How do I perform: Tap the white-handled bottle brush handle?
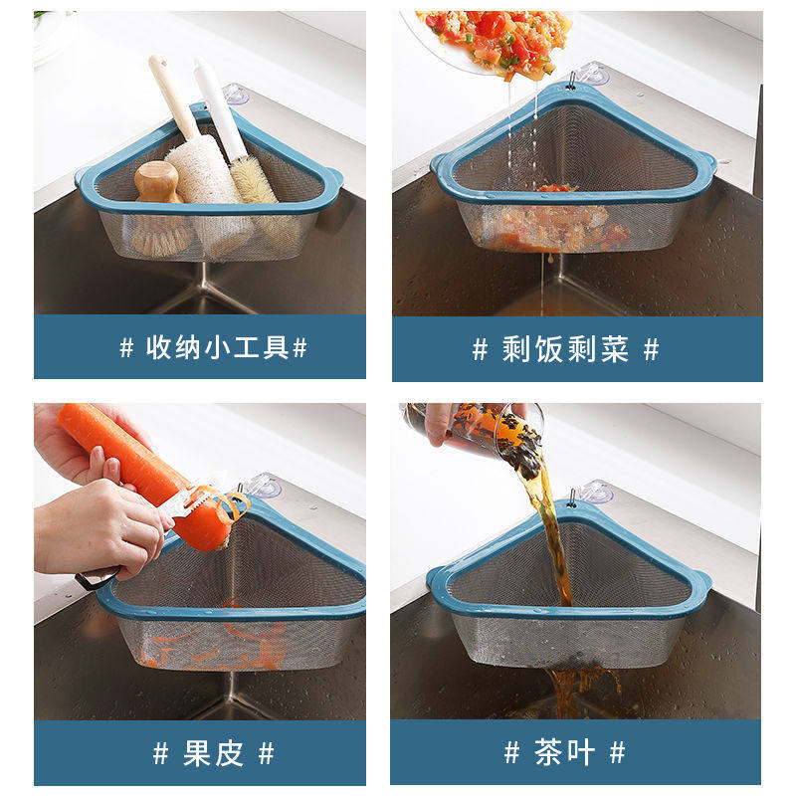[x=217, y=107]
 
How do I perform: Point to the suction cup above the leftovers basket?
[x=593, y=74]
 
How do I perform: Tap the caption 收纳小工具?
[x=217, y=347]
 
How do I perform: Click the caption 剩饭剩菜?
[x=565, y=349]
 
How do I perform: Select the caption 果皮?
[x=213, y=753]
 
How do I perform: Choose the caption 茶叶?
[x=564, y=752]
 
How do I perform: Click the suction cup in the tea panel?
[x=595, y=492]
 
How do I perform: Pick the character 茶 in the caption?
[x=548, y=752]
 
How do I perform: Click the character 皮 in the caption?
[x=229, y=753]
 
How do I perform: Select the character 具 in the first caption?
[x=277, y=347]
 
